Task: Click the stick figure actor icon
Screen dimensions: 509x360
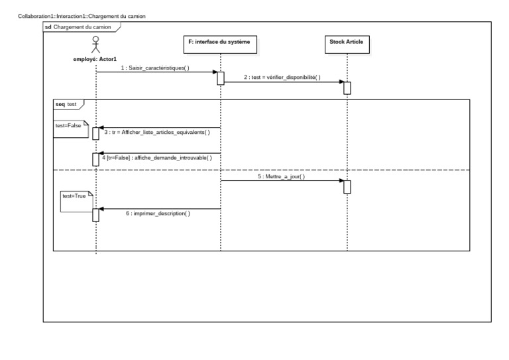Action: [x=95, y=45]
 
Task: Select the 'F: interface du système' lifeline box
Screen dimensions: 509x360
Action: [x=220, y=44]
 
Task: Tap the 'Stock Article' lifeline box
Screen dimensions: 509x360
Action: [x=347, y=44]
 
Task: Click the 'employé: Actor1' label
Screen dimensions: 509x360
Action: [x=95, y=60]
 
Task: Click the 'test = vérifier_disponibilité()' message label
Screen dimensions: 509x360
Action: [x=282, y=78]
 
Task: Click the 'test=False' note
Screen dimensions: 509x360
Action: [x=71, y=129]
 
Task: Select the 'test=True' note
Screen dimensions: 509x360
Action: [x=77, y=202]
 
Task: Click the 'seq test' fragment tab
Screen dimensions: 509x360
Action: [x=68, y=105]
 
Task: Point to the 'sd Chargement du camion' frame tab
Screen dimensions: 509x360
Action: [x=82, y=27]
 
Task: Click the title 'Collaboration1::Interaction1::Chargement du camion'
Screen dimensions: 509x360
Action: [x=82, y=16]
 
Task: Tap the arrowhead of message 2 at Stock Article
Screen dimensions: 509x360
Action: [x=341, y=82]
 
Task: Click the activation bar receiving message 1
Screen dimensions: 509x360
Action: [x=221, y=78]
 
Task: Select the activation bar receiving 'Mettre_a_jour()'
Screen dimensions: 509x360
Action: [x=347, y=187]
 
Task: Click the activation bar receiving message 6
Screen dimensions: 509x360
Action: [x=95, y=215]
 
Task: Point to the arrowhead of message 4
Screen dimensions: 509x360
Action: [x=101, y=153]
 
